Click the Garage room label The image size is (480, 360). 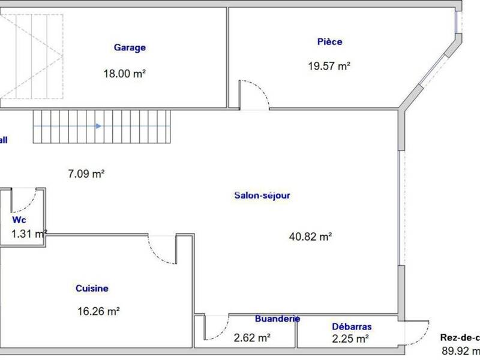click(130, 48)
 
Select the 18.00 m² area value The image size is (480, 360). click(125, 74)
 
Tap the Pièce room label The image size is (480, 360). click(329, 42)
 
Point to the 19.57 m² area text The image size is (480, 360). click(329, 67)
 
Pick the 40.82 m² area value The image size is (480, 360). click(311, 236)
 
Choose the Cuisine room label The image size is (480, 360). click(92, 289)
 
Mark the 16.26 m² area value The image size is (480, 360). click(100, 311)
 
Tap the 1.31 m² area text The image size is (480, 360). click(29, 233)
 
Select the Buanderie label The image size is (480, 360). click(277, 319)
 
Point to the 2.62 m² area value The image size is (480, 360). click(252, 338)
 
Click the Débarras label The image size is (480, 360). click(352, 327)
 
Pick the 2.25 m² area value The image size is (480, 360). click(350, 339)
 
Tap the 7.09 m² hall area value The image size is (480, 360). click(86, 173)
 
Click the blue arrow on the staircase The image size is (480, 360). click(99, 127)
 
